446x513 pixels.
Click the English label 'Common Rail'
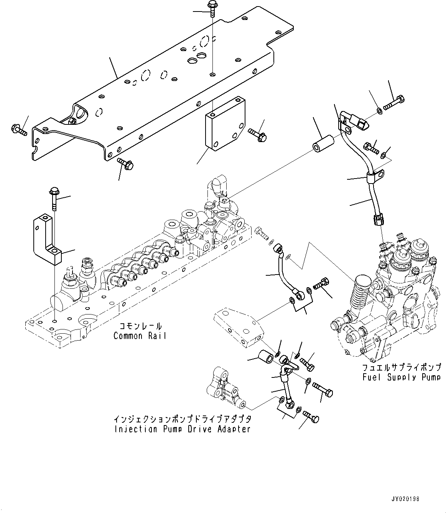(140, 336)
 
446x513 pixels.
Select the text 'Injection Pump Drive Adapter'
(182, 429)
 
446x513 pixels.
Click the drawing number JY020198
(406, 499)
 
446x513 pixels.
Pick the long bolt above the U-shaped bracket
(54, 198)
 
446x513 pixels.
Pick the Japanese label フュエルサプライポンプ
(402, 367)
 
